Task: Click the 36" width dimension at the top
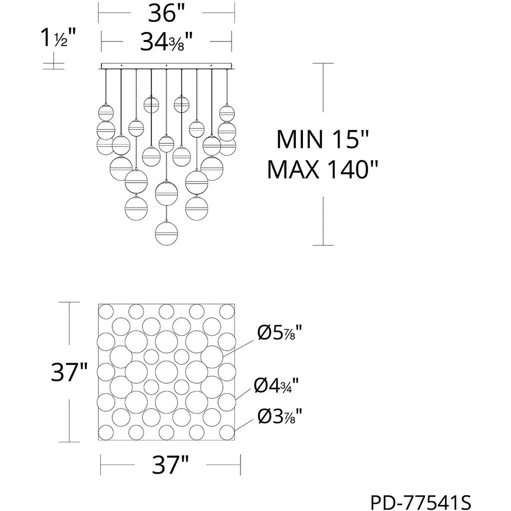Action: click(166, 13)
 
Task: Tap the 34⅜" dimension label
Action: click(166, 42)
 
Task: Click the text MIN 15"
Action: click(322, 140)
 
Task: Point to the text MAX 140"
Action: click(322, 170)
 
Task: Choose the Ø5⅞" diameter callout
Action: click(279, 333)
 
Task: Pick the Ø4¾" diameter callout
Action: click(276, 385)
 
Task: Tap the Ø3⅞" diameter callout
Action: click(279, 416)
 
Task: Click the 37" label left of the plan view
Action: click(69, 372)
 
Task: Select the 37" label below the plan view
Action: click(170, 465)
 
